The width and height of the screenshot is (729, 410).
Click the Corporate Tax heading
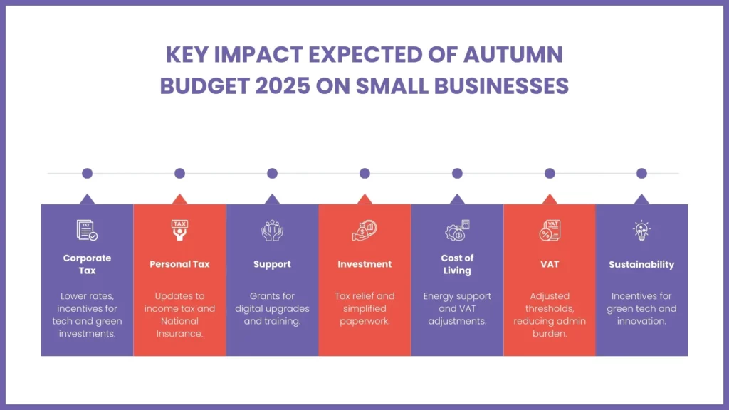[87, 264]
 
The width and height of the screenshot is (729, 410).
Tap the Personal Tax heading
[179, 264]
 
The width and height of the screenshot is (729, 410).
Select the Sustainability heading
[641, 264]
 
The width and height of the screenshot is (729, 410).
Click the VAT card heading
[550, 264]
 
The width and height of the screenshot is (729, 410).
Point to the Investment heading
[364, 264]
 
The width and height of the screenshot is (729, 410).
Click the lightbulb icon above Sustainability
[641, 230]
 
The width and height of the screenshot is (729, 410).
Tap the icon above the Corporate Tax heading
[87, 230]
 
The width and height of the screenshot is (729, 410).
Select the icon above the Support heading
[272, 230]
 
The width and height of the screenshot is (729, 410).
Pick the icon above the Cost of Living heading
[457, 230]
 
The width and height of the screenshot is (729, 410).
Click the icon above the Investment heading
[364, 230]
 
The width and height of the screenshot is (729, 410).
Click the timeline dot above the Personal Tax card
[179, 173]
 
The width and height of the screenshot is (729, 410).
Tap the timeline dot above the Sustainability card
[641, 173]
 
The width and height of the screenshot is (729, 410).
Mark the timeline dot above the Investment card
[364, 173]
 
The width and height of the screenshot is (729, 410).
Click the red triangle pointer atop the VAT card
[550, 199]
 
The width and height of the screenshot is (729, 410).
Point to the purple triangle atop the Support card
[272, 199]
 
